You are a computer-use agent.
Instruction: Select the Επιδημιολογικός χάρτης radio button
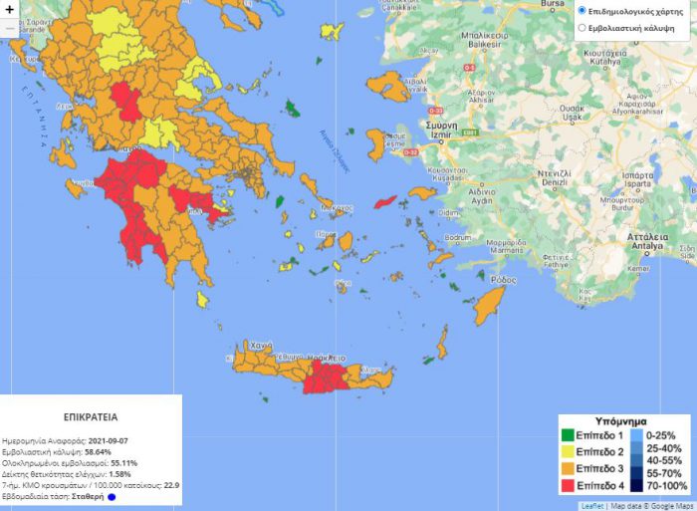(582, 10)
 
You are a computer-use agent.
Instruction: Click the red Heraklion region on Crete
(324, 377)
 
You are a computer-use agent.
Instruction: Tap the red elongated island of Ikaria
(385, 201)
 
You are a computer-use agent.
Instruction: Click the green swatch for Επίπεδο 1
(567, 436)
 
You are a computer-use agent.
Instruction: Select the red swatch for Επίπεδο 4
(567, 485)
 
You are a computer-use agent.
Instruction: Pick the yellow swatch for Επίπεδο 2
(567, 452)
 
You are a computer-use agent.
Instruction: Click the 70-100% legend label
(667, 485)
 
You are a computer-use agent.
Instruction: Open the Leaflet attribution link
(591, 506)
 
